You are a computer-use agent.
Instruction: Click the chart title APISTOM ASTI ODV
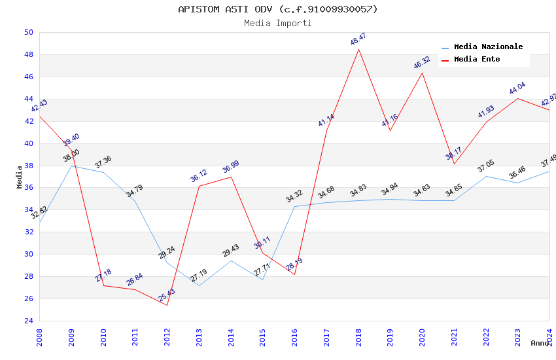pos(278,9)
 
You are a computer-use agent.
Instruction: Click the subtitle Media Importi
pos(278,23)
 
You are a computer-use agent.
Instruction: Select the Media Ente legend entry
pos(477,60)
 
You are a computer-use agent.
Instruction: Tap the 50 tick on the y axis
pos(28,32)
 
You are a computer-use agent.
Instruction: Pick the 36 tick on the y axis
pos(28,188)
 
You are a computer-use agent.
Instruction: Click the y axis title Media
pos(20,177)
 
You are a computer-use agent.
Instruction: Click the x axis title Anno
pos(540,343)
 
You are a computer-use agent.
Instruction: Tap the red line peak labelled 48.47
pos(358,49)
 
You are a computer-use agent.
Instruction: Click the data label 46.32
pos(422,63)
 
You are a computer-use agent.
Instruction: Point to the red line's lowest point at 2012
pos(167,305)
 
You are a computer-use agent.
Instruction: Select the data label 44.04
pos(517,89)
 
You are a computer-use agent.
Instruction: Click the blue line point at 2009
pos(71,166)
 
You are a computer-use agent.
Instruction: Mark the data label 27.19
pos(199,276)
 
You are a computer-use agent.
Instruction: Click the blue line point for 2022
pos(486,176)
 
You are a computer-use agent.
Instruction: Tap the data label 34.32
pos(294,196)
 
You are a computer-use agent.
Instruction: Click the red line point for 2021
pos(454,164)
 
